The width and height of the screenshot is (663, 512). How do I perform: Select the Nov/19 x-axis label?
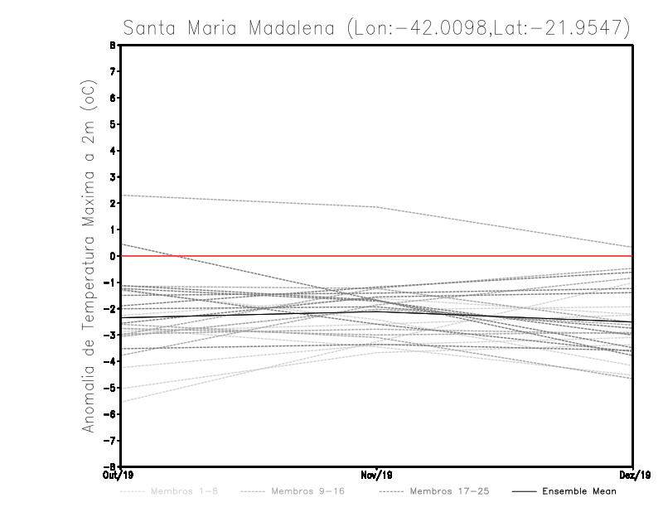click(x=377, y=476)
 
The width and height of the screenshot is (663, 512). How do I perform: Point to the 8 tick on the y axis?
click(x=112, y=46)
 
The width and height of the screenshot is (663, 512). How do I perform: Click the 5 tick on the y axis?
click(x=112, y=124)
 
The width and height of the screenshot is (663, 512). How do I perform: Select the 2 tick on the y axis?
click(x=112, y=203)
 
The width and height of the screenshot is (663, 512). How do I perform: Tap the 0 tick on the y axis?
click(x=112, y=256)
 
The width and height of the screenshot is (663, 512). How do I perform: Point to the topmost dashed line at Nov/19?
click(x=377, y=207)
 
